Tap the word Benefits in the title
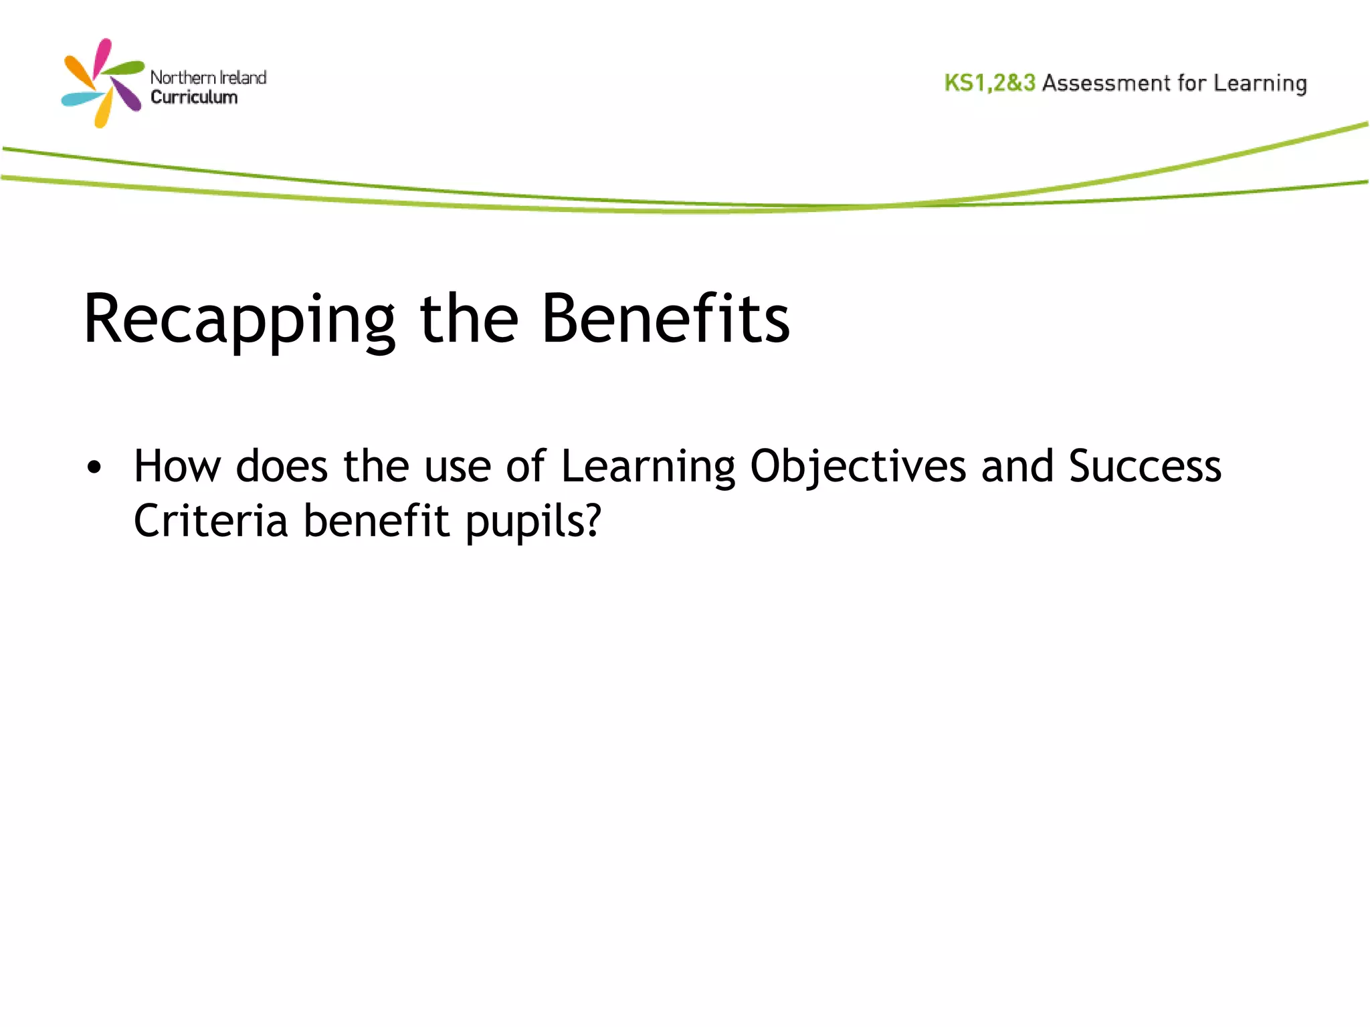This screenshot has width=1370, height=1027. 665,320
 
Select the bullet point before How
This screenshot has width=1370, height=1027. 94,467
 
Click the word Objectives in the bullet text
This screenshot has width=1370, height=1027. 858,467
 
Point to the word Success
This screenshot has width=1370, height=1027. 1145,466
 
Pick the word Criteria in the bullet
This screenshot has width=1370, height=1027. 211,521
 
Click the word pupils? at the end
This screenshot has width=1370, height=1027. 533,522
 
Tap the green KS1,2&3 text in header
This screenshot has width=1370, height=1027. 989,83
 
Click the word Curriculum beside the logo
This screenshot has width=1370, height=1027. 194,98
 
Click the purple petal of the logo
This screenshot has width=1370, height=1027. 127,95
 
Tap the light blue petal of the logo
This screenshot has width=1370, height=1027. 81,99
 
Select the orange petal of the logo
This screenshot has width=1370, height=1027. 78,72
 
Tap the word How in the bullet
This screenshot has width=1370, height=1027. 177,467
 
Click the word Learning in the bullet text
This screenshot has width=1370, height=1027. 648,467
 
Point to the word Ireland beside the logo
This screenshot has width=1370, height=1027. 243,78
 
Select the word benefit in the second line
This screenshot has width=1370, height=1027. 377,521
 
